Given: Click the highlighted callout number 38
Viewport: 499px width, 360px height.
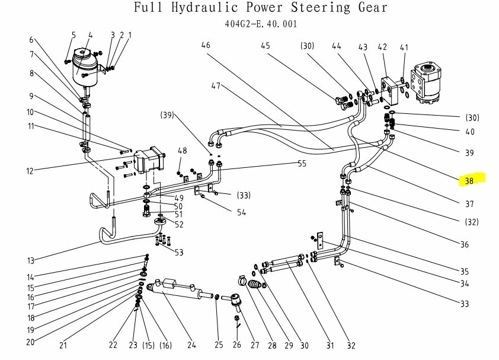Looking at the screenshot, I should pyautogui.click(x=469, y=180).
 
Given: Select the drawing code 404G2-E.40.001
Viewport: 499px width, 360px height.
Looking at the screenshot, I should pyautogui.click(x=261, y=24).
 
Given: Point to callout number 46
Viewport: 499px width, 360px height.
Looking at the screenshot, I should pyautogui.click(x=206, y=45).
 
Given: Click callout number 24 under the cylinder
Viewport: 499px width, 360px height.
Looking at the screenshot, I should pyautogui.click(x=191, y=345).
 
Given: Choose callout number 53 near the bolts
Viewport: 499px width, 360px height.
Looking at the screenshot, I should pyautogui.click(x=178, y=253).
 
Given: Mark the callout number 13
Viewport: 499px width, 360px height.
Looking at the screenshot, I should pyautogui.click(x=31, y=260).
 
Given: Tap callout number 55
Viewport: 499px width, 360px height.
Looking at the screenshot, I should pyautogui.click(x=302, y=164).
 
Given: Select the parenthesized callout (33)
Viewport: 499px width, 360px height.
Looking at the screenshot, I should pyautogui.click(x=243, y=195).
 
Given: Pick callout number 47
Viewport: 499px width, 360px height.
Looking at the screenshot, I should pyautogui.click(x=216, y=85).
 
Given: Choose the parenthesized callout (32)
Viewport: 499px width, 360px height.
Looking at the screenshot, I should pyautogui.click(x=472, y=222).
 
